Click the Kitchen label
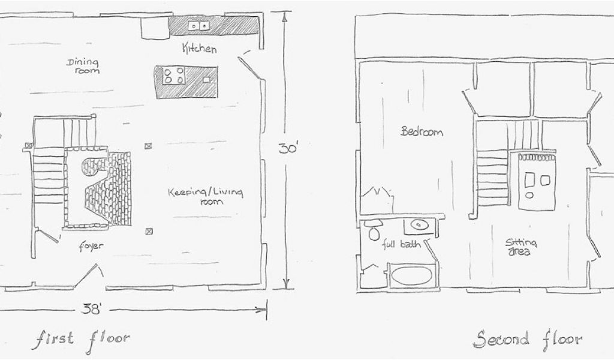199,49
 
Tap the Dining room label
83,65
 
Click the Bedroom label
422,131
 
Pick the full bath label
401,245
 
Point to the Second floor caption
527,340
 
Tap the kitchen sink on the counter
198,26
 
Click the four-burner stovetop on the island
174,76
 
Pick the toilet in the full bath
375,231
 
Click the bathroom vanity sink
418,226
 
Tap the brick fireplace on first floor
109,188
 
